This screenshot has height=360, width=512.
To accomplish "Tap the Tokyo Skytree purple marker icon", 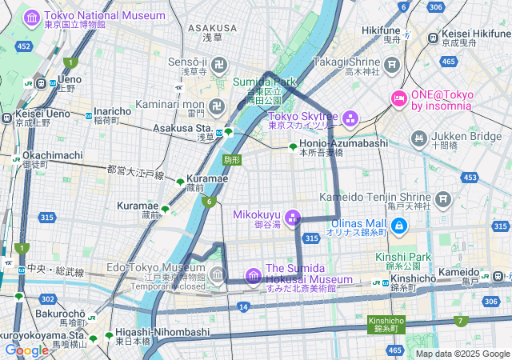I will [350, 119].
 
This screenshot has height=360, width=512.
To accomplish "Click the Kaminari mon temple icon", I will [218, 105].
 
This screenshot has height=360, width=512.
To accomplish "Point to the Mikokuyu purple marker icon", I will [293, 217].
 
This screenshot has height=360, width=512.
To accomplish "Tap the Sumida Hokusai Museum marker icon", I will [254, 276].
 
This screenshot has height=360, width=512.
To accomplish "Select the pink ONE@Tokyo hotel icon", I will [398, 98].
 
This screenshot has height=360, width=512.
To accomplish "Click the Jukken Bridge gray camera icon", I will [418, 140].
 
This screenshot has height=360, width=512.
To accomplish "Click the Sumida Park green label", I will [264, 82].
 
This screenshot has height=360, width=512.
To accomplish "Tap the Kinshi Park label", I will [403, 257].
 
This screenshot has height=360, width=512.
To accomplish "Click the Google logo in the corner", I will [26, 350].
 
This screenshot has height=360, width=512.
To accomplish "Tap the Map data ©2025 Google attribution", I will [462, 353].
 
